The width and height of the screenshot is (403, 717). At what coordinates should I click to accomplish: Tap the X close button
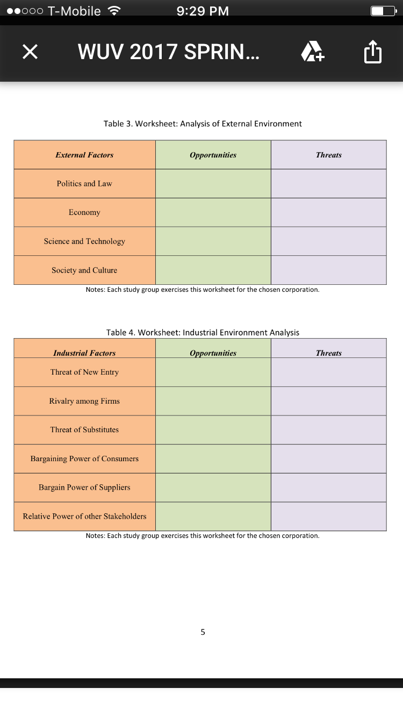(x=30, y=52)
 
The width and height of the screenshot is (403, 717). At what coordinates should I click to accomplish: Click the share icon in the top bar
(x=372, y=53)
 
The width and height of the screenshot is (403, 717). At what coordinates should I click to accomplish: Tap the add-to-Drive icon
(x=312, y=52)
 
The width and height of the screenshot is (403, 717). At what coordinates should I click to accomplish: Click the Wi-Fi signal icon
(x=113, y=11)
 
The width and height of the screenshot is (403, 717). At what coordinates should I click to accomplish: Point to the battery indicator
(x=382, y=11)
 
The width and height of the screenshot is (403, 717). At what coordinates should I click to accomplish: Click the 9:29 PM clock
(x=203, y=11)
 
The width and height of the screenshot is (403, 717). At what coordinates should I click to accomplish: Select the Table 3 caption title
(x=203, y=124)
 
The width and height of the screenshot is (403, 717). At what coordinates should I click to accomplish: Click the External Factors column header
(x=84, y=155)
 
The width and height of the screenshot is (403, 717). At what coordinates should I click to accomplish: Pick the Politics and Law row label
(x=84, y=184)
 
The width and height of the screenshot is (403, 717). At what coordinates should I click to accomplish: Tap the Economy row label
(x=84, y=212)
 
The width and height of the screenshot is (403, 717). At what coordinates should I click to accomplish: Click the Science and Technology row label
(x=84, y=241)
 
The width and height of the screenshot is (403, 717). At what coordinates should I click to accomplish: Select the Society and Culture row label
(x=84, y=270)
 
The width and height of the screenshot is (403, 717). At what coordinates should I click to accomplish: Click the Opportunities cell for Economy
(x=213, y=212)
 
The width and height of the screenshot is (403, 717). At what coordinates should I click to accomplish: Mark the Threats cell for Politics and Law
(x=328, y=184)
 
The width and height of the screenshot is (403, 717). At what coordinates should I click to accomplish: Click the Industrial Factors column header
(x=84, y=353)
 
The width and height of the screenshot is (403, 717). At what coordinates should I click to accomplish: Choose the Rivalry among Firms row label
(x=84, y=401)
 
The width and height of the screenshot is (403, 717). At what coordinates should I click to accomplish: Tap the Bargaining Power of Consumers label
(x=84, y=458)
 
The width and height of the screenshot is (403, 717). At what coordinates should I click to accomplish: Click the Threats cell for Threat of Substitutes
(x=328, y=430)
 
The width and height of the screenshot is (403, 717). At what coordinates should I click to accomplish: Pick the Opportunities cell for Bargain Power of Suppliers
(x=213, y=487)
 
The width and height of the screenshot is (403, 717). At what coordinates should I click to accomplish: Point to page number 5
(x=203, y=632)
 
